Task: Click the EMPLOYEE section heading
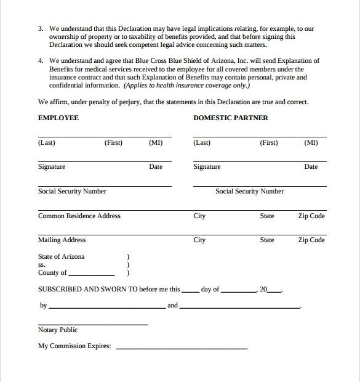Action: point(58,118)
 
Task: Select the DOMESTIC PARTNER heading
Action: point(231,118)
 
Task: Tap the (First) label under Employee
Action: point(113,143)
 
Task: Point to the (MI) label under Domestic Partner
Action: point(311,143)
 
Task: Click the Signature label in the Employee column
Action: point(52,167)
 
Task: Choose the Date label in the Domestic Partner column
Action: point(311,167)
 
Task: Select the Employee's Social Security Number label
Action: point(72,192)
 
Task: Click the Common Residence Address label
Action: point(79,216)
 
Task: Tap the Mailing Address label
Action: point(62,240)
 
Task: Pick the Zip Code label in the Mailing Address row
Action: point(311,240)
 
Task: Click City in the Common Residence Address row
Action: point(199,216)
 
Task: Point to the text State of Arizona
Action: point(62,256)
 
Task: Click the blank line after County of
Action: point(92,274)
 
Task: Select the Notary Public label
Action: point(58,330)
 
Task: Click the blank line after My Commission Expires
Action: point(182,348)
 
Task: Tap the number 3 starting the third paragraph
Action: point(40,29)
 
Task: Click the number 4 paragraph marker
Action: point(40,61)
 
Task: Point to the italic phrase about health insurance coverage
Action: point(182,86)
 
